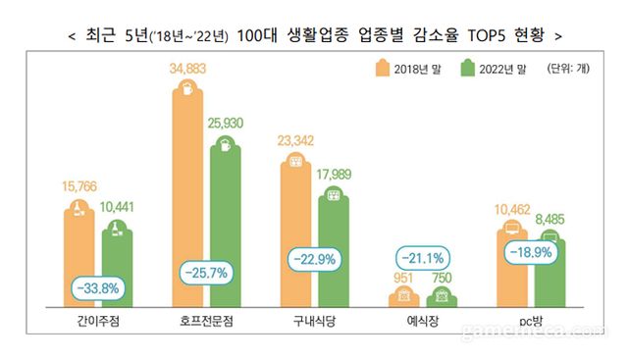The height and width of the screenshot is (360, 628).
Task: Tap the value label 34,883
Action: (186, 68)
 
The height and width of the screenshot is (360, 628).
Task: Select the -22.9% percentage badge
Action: (313, 261)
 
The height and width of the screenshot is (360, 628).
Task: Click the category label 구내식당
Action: (313, 320)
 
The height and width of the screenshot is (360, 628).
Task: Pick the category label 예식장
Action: (421, 320)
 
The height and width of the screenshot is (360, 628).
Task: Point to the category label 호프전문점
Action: (205, 320)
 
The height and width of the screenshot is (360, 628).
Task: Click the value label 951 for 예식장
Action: (400, 278)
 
